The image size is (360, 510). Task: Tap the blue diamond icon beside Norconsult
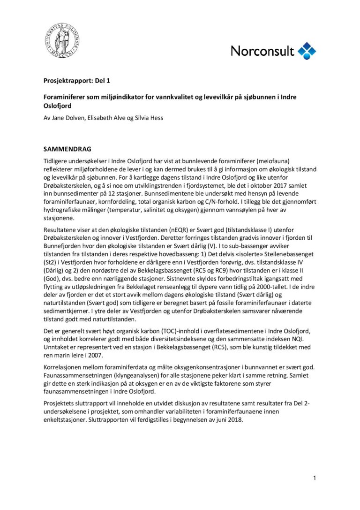click(x=307, y=51)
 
